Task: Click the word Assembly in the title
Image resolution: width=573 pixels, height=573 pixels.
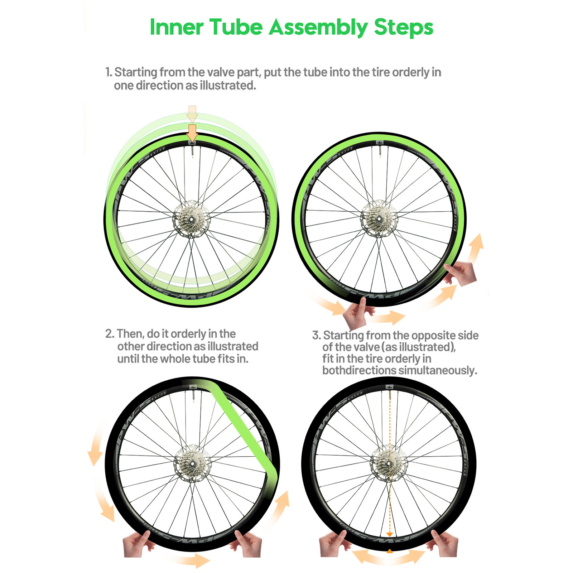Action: click(x=318, y=28)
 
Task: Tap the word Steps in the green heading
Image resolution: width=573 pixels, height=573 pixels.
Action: click(x=404, y=28)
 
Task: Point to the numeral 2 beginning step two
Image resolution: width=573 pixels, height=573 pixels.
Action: click(x=109, y=334)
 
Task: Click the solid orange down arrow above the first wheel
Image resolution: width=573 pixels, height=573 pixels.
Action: click(x=192, y=133)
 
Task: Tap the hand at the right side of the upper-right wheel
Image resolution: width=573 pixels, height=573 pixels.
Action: click(x=460, y=274)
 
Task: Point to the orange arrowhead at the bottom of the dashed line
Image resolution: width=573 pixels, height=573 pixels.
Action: click(x=390, y=535)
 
